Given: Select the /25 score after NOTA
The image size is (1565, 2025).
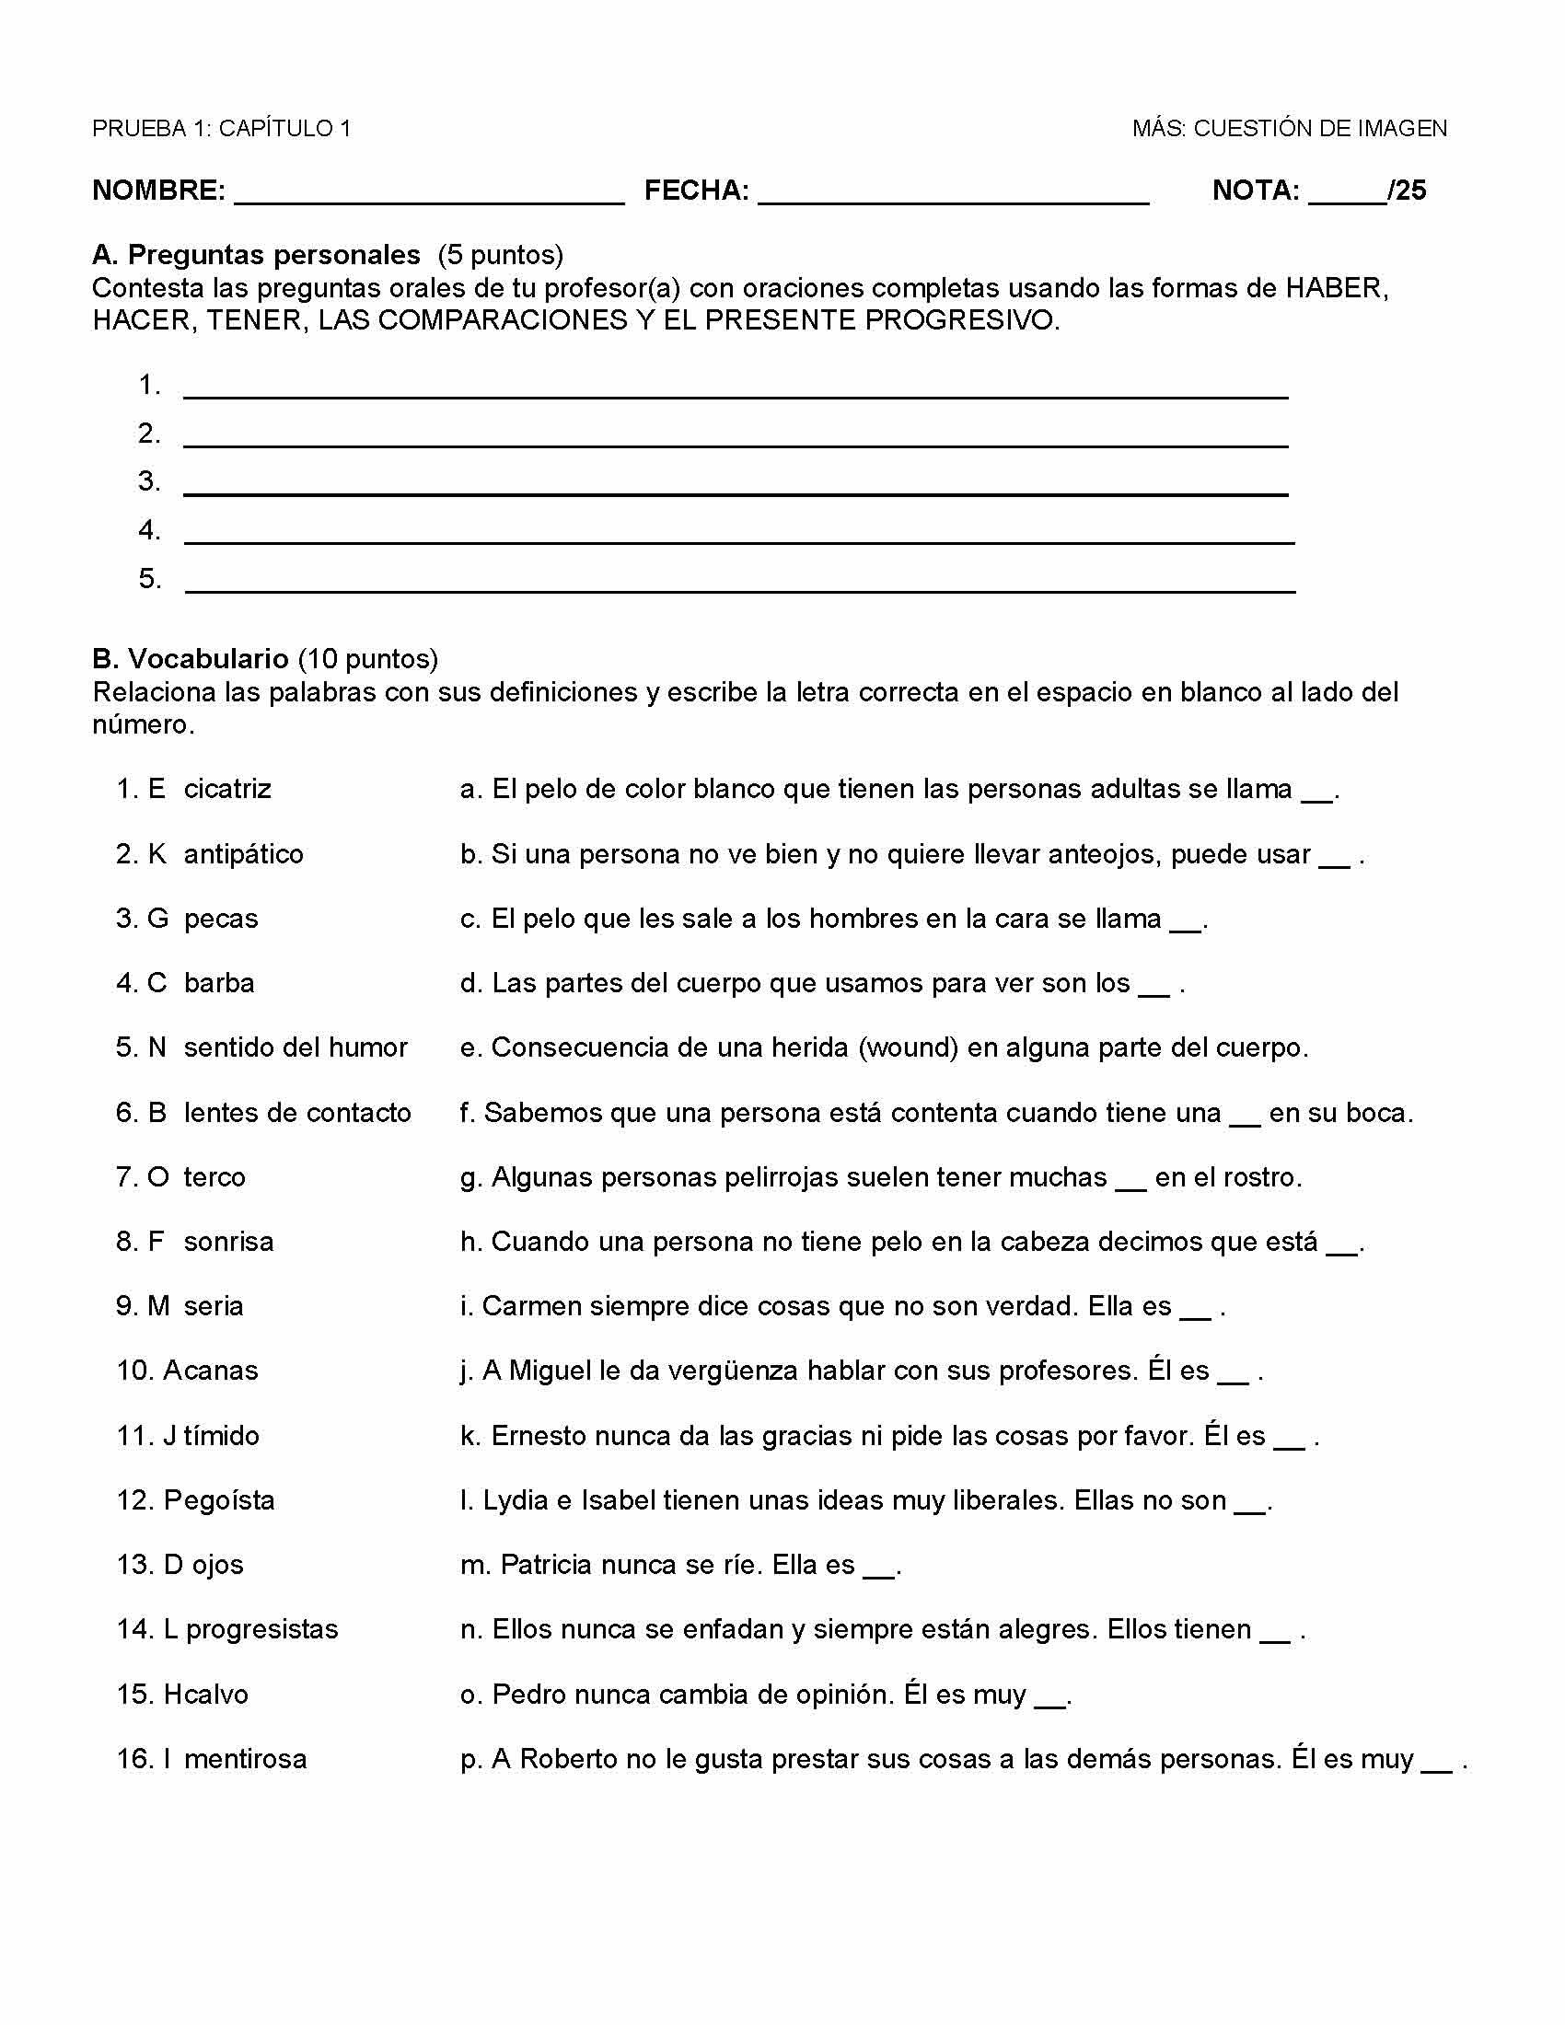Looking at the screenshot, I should pos(1407,191).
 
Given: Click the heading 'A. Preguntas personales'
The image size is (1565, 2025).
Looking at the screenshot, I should pos(256,254).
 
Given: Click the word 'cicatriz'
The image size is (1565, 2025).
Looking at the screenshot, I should pos(227,789).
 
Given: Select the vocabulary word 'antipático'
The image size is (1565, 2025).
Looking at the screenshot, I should pos(243,854).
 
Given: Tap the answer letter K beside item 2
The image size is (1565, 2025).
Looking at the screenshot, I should pos(156,854).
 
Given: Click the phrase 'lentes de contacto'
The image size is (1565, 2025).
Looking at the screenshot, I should pos(296,1113).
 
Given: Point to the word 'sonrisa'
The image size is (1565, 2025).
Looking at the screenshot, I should pos(228,1242).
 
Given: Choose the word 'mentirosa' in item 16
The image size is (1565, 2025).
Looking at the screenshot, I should pos(245,1759).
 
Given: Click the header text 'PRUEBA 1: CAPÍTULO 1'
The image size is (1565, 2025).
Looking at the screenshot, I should pos(222,128).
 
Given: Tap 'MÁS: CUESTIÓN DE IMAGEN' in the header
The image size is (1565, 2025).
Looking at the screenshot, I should pos(1289,128).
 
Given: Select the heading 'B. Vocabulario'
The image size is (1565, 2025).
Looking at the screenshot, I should pos(190,658).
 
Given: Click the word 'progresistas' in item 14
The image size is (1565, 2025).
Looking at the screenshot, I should pos(261,1629).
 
